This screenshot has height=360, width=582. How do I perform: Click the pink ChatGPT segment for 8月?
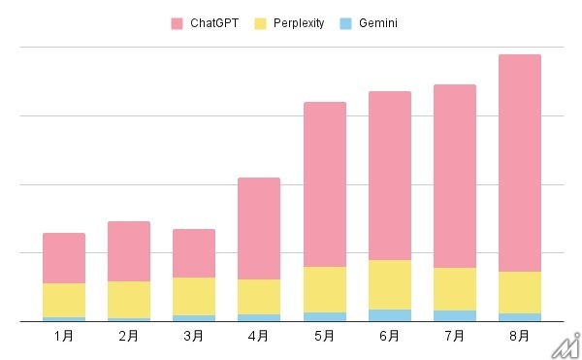519,163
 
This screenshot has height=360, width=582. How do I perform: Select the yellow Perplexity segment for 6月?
389,284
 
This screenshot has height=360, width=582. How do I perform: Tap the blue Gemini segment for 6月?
389,314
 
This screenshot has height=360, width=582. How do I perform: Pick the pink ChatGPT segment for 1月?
64,258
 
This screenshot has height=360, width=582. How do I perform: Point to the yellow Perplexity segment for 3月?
194,296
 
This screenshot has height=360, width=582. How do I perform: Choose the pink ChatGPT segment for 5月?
324,184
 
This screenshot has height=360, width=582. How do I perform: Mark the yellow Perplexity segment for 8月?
519,292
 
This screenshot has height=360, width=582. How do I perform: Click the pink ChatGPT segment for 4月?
259,228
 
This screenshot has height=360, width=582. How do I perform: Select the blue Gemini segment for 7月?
454,315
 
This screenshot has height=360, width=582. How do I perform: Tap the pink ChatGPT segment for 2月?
129,251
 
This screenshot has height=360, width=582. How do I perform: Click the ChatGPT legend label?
214,21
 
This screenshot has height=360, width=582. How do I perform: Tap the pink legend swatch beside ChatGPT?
177,21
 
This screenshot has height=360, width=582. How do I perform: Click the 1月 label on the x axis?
64,336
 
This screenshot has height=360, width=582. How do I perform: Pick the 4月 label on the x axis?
259,336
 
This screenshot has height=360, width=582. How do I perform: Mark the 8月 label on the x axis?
519,336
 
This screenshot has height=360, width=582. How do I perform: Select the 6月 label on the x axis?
389,336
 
